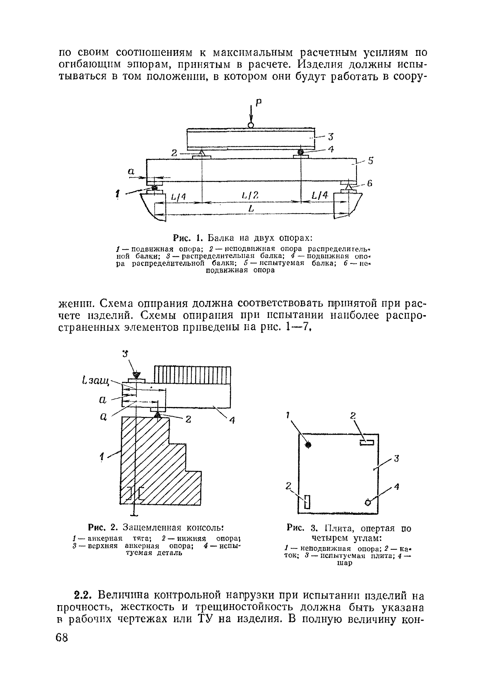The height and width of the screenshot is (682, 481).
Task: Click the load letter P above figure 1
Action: pos(259,103)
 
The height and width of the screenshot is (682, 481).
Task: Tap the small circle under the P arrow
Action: pos(251,125)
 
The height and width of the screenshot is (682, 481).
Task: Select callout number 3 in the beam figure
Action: pos(331,137)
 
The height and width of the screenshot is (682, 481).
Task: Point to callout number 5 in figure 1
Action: pos(370,161)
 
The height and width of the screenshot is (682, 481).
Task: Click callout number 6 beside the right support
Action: pos(370,184)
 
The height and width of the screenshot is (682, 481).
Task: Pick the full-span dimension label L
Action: pos(251,209)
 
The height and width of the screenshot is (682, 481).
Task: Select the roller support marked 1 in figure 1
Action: pos(154,188)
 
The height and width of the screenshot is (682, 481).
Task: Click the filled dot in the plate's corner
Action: pos(308,445)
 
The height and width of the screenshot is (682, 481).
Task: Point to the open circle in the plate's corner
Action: pos(368,502)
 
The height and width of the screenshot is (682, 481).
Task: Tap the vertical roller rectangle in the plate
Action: pos(307,502)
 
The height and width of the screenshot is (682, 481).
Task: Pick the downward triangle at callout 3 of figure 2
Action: pos(136,375)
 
